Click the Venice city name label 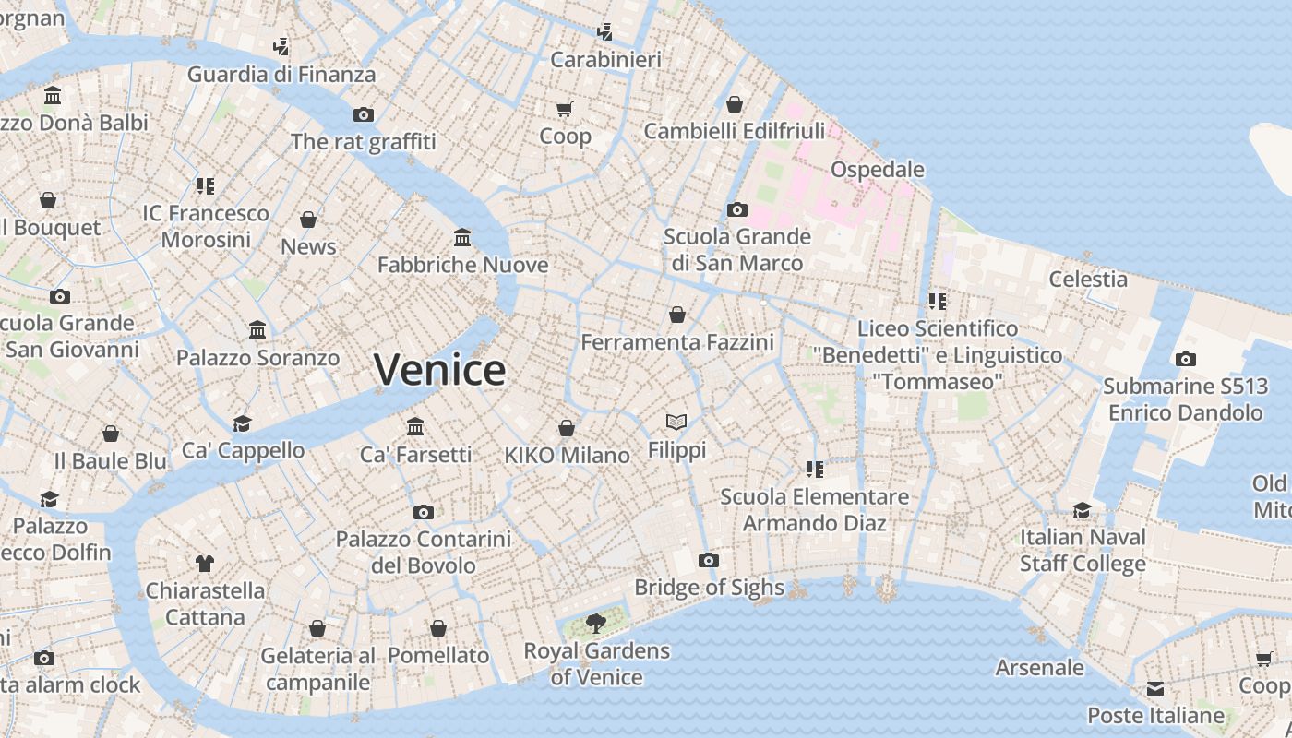coord(440,370)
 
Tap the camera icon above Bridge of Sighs coord(709,560)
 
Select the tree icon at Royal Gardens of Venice coord(596,623)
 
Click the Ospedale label coord(878,170)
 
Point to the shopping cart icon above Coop coord(565,109)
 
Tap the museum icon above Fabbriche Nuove coord(462,238)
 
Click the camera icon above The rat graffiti coord(364,114)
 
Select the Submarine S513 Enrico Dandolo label coord(1185,399)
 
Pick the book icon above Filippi coord(676,422)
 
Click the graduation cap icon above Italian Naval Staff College coord(1083,510)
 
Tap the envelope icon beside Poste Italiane coord(1155,689)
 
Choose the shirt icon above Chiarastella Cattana coord(205,563)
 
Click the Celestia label coord(1088,279)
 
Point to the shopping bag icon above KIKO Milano coord(567,428)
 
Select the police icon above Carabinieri coord(605,32)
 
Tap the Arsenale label coord(1039,667)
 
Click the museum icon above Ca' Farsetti coord(415,426)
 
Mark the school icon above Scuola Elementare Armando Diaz coord(814,469)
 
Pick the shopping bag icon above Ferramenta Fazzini coord(677,315)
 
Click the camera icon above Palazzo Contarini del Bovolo coord(423,512)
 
